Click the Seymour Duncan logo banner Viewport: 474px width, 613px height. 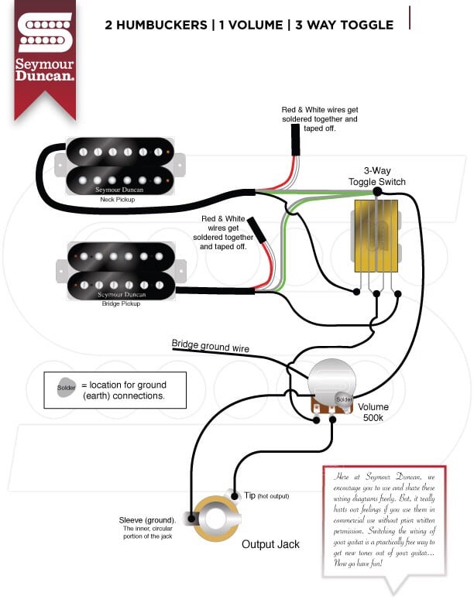45,54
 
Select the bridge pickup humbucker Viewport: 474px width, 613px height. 119,271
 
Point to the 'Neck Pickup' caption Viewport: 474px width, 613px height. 118,200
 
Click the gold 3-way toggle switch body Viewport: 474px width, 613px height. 376,236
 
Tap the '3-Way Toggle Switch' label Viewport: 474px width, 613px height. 376,176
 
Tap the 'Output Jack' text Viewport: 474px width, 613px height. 270,544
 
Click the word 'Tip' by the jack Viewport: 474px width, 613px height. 249,495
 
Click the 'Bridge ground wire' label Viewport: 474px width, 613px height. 211,345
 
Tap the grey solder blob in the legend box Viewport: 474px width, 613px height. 67,385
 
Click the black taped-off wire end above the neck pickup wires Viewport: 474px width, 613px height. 295,141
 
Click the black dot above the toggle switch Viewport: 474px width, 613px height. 377,191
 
